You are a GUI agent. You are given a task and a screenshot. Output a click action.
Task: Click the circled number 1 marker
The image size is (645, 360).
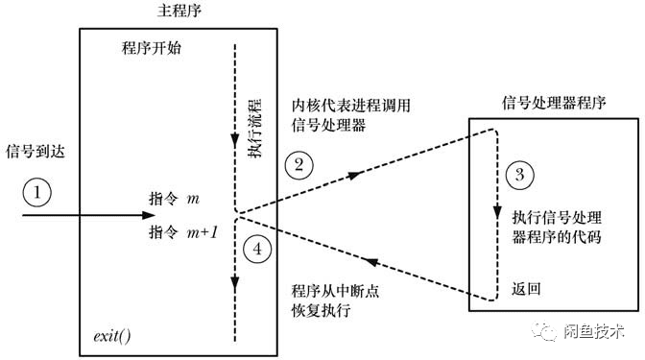[x=36, y=193]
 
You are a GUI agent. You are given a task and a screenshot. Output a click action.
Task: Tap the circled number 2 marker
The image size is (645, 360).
[x=299, y=164]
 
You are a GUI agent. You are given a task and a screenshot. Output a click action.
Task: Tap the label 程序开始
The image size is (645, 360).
[x=153, y=49]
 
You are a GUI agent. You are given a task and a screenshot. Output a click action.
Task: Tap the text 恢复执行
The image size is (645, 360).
[x=318, y=312]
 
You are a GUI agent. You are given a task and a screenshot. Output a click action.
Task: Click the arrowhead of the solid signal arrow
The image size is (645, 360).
[x=227, y=213]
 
